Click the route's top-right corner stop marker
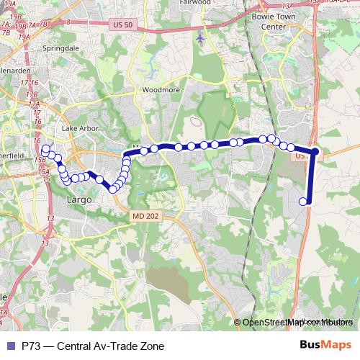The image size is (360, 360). (x=315, y=151)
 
